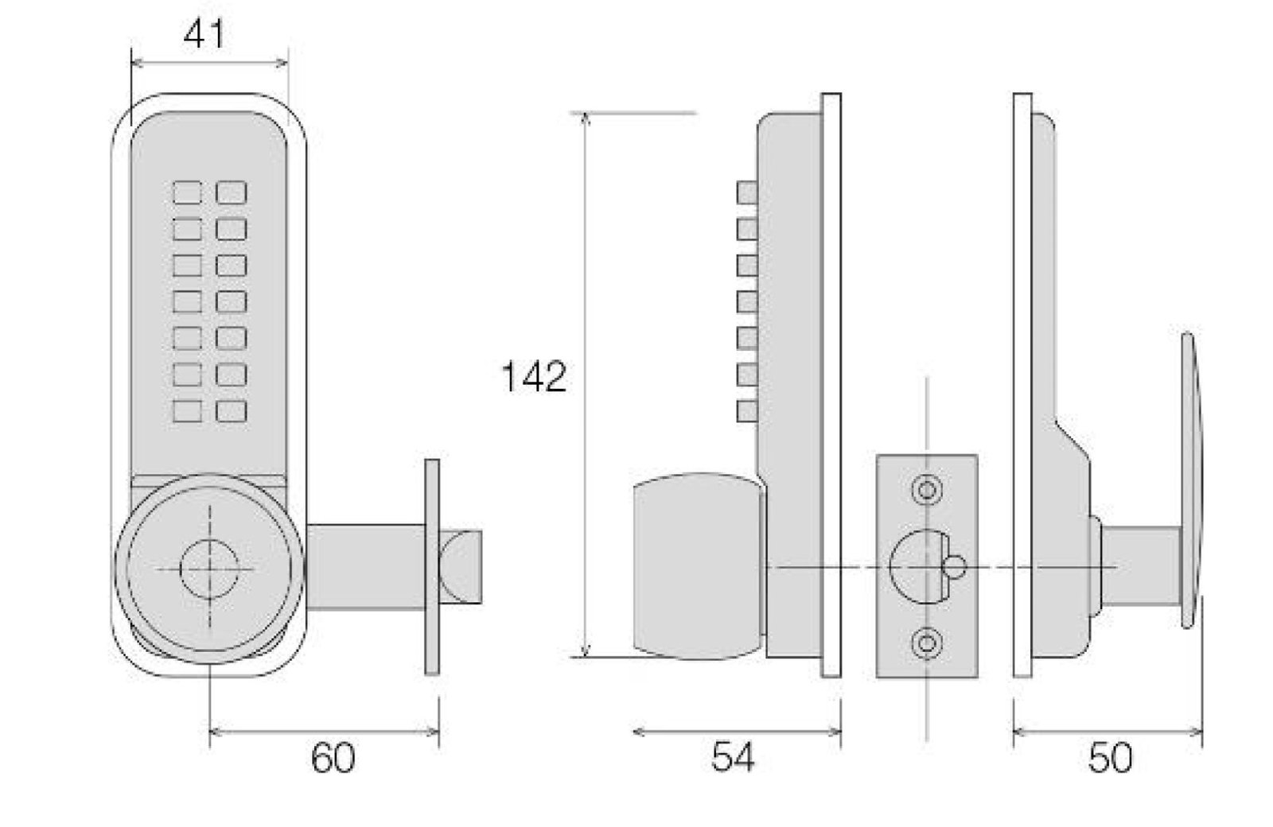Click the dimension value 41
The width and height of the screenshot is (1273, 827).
pyautogui.click(x=204, y=35)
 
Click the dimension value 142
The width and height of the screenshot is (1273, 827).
pyautogui.click(x=534, y=376)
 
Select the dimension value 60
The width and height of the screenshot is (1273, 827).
pyautogui.click(x=333, y=758)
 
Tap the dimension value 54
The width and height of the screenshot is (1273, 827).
pyautogui.click(x=733, y=757)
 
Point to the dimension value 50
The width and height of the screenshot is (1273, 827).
pyautogui.click(x=1110, y=758)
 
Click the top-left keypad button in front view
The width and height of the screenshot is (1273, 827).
pyautogui.click(x=187, y=192)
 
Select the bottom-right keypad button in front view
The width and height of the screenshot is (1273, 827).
pyautogui.click(x=232, y=411)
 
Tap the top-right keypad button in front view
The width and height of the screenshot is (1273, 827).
pyautogui.click(x=232, y=192)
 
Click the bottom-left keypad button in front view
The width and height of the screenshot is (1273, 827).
pyautogui.click(x=187, y=411)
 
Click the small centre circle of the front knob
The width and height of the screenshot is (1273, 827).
pyautogui.click(x=210, y=569)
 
